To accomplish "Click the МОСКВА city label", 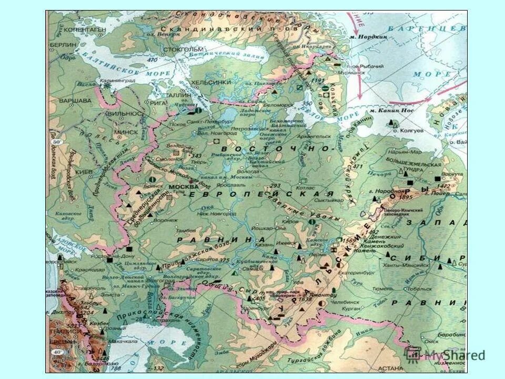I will pyautogui.click(x=183, y=186).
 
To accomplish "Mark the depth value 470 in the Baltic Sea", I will pyautogui.click(x=153, y=61).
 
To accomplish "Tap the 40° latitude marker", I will pyautogui.click(x=56, y=352).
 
